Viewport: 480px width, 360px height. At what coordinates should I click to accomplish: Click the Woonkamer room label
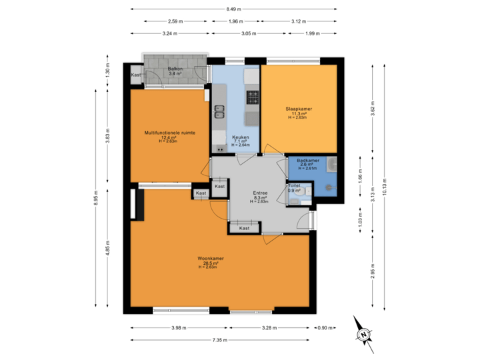coord(210,259)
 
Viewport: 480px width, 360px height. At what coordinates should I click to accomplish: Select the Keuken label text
coord(240,137)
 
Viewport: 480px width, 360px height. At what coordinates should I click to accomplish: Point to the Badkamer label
coord(308,161)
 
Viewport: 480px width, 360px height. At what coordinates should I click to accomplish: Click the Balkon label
coord(175,69)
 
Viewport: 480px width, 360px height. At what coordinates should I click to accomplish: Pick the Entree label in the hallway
coord(260,193)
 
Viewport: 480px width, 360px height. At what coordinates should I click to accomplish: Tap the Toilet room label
coord(293,185)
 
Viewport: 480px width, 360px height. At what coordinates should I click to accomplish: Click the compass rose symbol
coord(363,335)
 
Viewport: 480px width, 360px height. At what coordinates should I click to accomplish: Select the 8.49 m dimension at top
coord(233,9)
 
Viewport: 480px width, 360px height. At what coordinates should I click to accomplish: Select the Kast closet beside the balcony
coord(135,75)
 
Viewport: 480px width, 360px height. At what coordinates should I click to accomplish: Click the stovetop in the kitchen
coord(253,97)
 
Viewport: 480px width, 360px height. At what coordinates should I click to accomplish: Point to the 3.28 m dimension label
coord(270,328)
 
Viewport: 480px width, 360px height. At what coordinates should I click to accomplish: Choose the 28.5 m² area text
coord(210,263)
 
